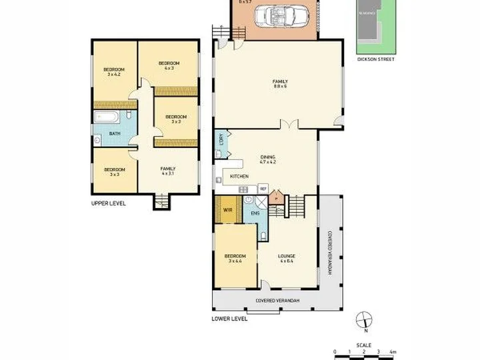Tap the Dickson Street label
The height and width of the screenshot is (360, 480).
pyautogui.click(x=375, y=59)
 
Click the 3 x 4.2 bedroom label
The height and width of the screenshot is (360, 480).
pyautogui.click(x=111, y=72)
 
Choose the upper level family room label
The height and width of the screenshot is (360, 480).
pyautogui.click(x=167, y=171)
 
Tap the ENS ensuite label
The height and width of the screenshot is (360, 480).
pyautogui.click(x=255, y=213)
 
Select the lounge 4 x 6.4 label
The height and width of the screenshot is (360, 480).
pyautogui.click(x=287, y=258)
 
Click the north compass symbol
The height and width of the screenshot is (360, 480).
pyautogui.click(x=363, y=319)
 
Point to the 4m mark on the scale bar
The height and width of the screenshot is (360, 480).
pyautogui.click(x=393, y=351)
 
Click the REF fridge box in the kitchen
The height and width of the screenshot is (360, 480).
pyautogui.click(x=263, y=189)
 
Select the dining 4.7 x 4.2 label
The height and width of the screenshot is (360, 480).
pyautogui.click(x=267, y=159)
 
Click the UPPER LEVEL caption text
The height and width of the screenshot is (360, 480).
pyautogui.click(x=109, y=203)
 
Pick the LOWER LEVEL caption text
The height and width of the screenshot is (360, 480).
pyautogui.click(x=229, y=319)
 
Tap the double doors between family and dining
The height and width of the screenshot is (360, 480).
pyautogui.click(x=287, y=125)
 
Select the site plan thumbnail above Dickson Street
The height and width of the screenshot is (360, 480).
pyautogui.click(x=375, y=26)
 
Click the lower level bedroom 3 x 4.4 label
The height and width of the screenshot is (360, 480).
pyautogui.click(x=235, y=258)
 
